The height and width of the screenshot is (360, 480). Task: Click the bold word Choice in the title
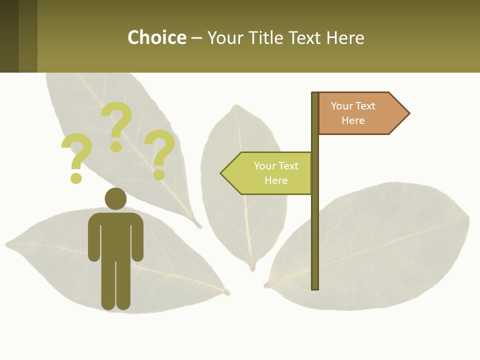(x=156, y=37)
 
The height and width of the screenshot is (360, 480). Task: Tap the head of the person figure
(x=115, y=198)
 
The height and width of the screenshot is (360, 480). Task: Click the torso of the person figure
(x=115, y=235)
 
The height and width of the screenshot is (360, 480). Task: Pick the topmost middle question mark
(x=117, y=122)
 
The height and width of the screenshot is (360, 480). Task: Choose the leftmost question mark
(x=77, y=152)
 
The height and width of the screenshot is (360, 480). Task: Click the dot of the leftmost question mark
(x=76, y=177)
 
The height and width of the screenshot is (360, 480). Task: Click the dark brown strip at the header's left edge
(x=9, y=36)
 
